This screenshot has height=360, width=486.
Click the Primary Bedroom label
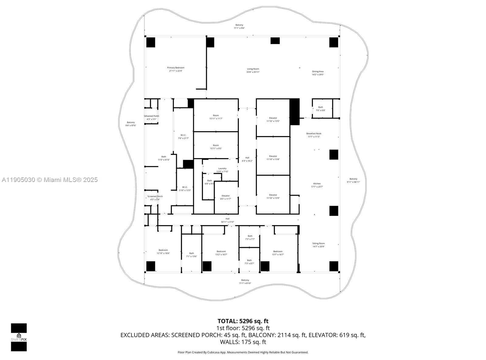[x=176, y=69]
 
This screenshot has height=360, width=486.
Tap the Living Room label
[x=253, y=70]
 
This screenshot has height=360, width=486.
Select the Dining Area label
[x=318, y=73]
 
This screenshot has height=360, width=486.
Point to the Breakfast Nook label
[x=314, y=135]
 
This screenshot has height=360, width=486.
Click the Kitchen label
[x=317, y=185]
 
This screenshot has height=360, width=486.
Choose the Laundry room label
[x=222, y=170]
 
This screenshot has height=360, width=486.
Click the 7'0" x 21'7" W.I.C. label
[x=183, y=137]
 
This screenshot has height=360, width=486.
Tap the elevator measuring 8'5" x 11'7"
[x=226, y=197]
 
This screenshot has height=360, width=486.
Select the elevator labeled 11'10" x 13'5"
[x=273, y=119]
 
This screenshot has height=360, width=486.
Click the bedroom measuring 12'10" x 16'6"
[x=163, y=252]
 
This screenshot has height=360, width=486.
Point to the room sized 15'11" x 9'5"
[x=216, y=147]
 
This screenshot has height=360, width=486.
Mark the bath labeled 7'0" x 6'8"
[x=320, y=108]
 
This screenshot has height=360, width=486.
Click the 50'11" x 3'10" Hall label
[x=228, y=220]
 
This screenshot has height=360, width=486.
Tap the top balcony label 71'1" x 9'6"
[x=239, y=26]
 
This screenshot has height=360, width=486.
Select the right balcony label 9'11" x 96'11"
[x=353, y=180]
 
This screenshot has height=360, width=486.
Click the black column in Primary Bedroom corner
[x=151, y=42]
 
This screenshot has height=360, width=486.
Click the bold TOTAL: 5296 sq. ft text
[x=243, y=321]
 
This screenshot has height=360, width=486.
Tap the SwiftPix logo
[x=19, y=337]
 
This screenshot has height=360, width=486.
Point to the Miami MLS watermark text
[x=50, y=180]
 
